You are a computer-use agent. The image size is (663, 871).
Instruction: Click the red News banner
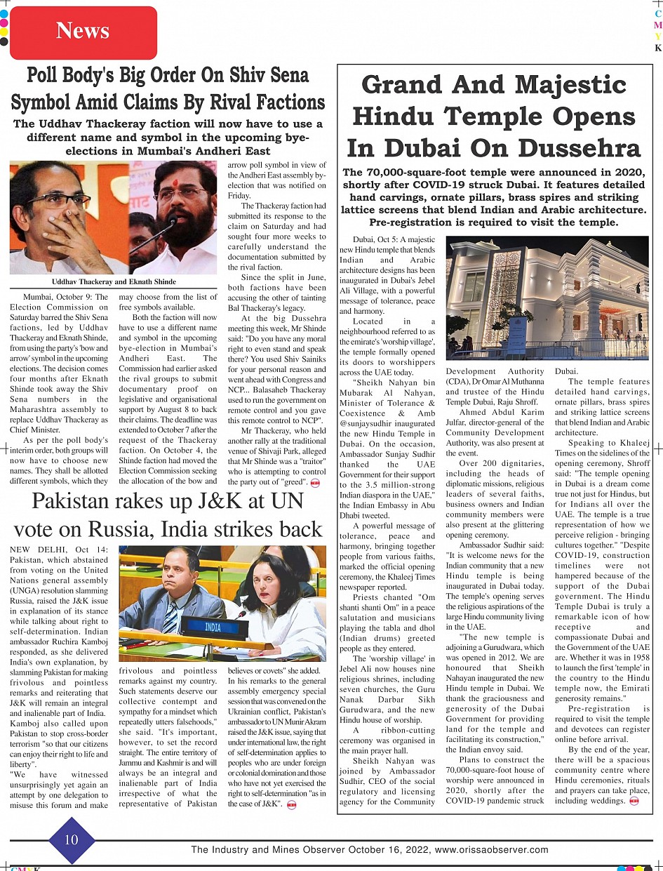tap(83, 32)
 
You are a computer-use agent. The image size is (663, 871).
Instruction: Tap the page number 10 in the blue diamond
tap(72, 839)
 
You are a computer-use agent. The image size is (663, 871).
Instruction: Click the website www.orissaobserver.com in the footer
tap(491, 850)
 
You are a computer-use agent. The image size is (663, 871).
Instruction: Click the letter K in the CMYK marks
tap(658, 48)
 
